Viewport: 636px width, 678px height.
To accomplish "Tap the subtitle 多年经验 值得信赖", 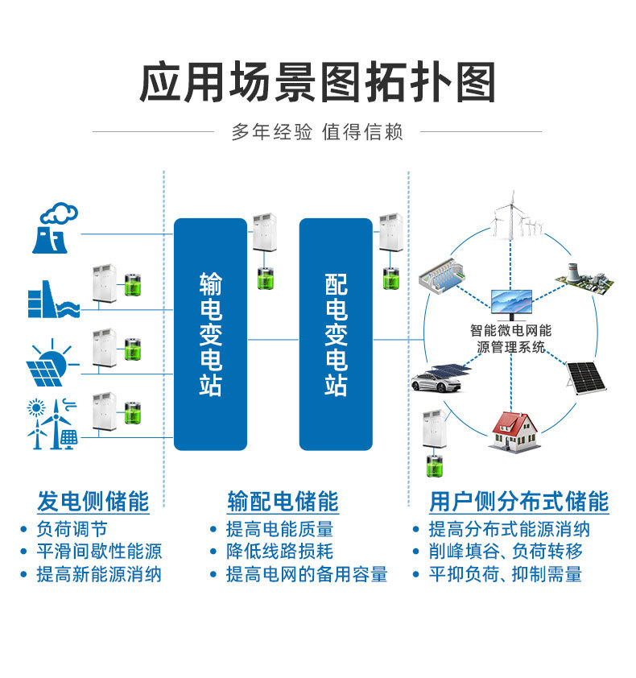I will click(x=317, y=131).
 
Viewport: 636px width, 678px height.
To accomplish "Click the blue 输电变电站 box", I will click(x=210, y=334).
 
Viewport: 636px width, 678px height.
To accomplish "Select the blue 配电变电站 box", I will click(x=336, y=334).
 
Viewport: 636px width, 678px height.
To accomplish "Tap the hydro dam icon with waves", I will click(x=53, y=299).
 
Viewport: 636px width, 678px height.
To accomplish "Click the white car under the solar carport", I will click(x=437, y=381).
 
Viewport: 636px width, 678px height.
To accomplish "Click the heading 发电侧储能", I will click(x=93, y=502).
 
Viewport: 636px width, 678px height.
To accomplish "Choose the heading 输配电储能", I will click(x=283, y=502).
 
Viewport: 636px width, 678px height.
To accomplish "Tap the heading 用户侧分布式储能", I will click(x=518, y=502).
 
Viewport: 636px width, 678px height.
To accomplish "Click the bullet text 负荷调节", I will click(x=72, y=530).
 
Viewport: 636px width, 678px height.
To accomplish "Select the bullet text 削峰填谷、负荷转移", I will click(x=507, y=552).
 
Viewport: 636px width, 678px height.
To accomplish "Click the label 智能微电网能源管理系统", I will click(x=511, y=339).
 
